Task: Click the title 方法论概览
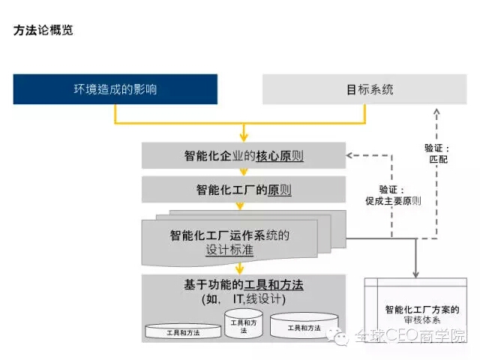[x=43, y=30]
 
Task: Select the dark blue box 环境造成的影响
[x=115, y=89]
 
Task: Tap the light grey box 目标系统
[x=364, y=89]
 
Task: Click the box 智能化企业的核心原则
[x=244, y=155]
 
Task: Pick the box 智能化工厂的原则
[x=244, y=190]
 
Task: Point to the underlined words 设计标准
[x=229, y=250]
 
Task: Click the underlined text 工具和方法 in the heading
[x=274, y=285]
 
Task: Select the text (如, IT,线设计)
[x=244, y=299]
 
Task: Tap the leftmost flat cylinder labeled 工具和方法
[x=183, y=331]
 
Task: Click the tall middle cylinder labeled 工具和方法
[x=244, y=324]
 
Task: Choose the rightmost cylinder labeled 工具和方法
[x=304, y=325]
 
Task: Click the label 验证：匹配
[x=437, y=154]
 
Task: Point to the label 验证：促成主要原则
[x=393, y=195]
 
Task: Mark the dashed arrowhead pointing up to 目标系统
[x=436, y=112]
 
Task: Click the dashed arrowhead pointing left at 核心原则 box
[x=349, y=155]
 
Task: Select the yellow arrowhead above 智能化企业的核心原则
[x=244, y=137]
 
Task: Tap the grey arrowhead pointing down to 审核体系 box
[x=415, y=274]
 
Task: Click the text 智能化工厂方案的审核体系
[x=422, y=315]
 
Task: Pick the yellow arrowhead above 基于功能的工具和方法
[x=240, y=270]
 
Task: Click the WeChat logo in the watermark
[x=337, y=336]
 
